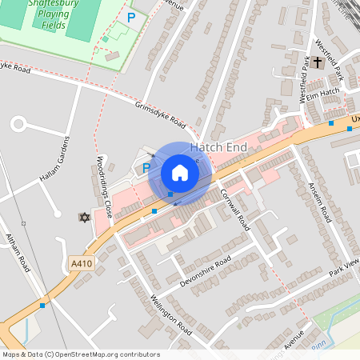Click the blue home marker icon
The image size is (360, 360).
point(180,172)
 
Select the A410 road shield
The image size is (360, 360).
point(82,264)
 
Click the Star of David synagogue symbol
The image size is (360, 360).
point(82,217)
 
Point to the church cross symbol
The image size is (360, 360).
point(318,62)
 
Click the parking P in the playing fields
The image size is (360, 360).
point(131,17)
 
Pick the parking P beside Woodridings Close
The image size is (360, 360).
point(146,168)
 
